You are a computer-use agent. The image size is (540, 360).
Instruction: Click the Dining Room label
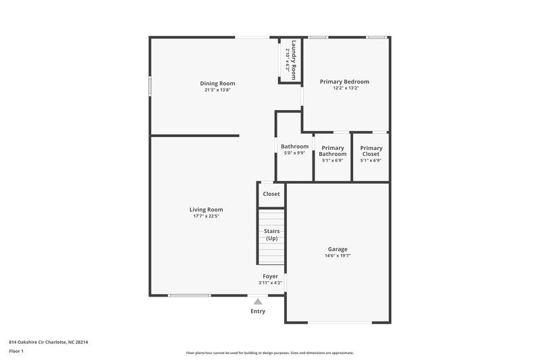click(221, 83)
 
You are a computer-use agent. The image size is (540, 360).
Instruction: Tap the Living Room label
click(206, 209)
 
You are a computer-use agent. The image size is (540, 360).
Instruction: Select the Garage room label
click(338, 249)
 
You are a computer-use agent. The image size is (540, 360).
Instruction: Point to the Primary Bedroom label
click(344, 81)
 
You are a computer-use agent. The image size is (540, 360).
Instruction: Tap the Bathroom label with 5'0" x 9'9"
click(294, 147)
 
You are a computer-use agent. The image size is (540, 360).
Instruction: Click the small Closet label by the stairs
click(271, 194)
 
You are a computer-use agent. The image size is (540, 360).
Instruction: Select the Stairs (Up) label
click(271, 234)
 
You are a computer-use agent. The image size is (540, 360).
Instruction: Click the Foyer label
click(270, 276)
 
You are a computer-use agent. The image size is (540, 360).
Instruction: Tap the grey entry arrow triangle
click(258, 302)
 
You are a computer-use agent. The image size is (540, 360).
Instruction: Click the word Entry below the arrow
click(258, 311)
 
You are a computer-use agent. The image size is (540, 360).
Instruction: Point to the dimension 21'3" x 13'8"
click(221, 90)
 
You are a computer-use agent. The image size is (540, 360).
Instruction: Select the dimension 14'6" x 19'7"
click(338, 255)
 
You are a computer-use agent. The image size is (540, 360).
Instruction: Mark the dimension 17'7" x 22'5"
click(206, 216)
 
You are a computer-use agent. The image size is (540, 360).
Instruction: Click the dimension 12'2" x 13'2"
click(344, 88)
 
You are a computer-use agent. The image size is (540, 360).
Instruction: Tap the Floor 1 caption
click(17, 351)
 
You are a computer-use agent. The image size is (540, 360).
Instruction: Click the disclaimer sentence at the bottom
click(269, 353)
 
